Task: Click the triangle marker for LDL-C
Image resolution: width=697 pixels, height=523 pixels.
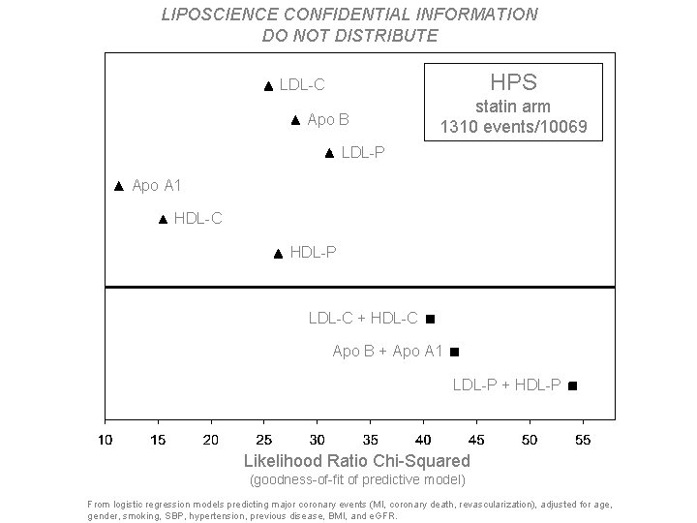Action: click(x=268, y=86)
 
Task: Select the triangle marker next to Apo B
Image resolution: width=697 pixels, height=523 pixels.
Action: click(x=295, y=121)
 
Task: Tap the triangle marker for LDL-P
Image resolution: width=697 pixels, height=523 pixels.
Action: click(x=329, y=153)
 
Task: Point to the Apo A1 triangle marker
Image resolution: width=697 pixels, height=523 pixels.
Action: click(x=119, y=185)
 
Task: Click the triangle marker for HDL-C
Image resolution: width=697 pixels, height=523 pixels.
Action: click(x=163, y=220)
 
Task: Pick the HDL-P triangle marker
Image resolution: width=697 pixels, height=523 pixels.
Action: click(x=278, y=254)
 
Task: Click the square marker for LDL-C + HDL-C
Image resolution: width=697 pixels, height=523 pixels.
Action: click(x=430, y=319)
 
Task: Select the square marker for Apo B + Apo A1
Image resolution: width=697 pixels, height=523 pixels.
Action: click(x=454, y=352)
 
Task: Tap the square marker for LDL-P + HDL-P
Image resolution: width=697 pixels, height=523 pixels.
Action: click(x=572, y=385)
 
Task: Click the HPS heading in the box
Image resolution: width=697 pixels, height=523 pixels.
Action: click(x=513, y=82)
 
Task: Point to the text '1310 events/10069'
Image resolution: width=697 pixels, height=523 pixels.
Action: click(x=513, y=127)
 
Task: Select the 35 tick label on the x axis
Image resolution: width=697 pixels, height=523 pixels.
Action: click(x=370, y=440)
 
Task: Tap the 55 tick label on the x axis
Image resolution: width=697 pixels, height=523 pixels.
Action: click(x=582, y=440)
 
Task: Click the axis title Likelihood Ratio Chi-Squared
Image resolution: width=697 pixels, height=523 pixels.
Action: click(x=357, y=461)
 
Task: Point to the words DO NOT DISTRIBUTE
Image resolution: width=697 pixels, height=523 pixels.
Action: click(x=349, y=36)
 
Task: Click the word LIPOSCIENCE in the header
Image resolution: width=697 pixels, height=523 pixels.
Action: click(x=211, y=15)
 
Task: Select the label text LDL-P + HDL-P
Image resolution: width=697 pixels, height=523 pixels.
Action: click(x=506, y=385)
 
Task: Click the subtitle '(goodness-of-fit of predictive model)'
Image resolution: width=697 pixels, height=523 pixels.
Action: click(x=357, y=479)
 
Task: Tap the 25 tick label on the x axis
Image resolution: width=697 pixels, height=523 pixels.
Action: click(x=264, y=440)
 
